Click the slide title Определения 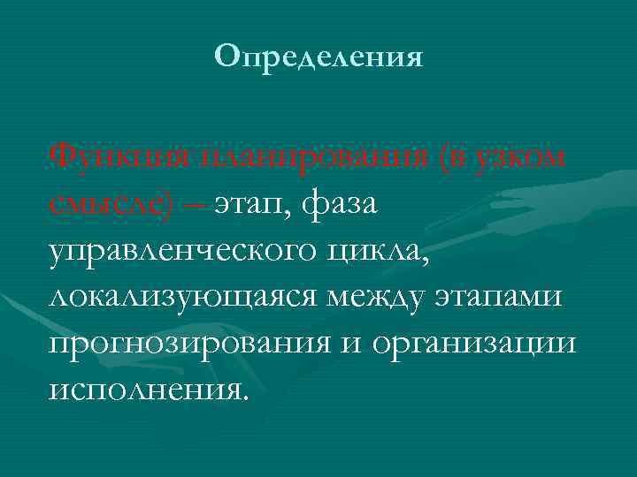pos(318,57)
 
